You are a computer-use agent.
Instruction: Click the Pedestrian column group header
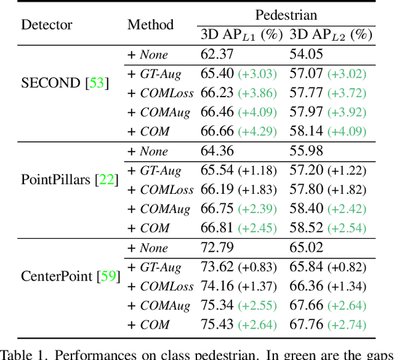click(286, 14)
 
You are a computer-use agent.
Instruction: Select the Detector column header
click(47, 25)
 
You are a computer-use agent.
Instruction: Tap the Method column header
click(150, 25)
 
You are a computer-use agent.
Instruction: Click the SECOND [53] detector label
click(65, 83)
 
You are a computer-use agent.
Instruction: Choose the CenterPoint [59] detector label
click(69, 276)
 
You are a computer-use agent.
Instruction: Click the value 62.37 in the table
click(217, 55)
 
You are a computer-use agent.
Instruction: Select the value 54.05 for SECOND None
click(307, 55)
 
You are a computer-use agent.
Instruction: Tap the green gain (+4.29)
click(258, 132)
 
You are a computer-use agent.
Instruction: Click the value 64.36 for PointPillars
click(217, 151)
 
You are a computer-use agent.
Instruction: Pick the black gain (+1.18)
click(258, 170)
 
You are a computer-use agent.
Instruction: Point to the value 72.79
click(217, 248)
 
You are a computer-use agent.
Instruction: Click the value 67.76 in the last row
click(307, 324)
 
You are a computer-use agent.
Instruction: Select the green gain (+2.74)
click(347, 325)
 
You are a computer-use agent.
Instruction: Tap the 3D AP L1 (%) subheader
click(241, 35)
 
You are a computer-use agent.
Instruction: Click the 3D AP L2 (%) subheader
click(331, 35)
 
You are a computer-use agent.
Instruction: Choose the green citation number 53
click(97, 83)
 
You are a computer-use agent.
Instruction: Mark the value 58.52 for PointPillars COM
click(307, 228)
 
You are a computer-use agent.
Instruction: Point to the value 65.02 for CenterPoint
click(307, 248)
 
